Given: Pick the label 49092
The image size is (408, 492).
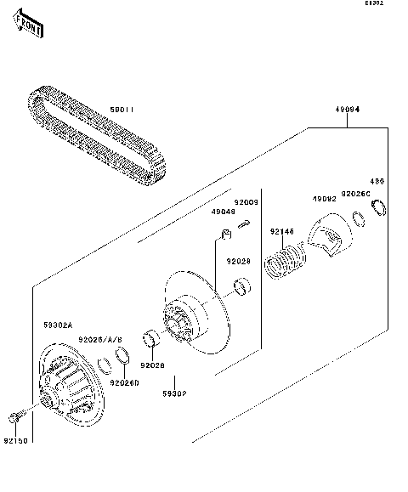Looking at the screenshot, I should point(324,200).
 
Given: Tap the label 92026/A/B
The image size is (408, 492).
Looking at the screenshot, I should point(100,339).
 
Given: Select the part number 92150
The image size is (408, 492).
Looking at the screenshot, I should point(14,440).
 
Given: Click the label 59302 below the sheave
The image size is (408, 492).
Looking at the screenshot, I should point(175,393).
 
